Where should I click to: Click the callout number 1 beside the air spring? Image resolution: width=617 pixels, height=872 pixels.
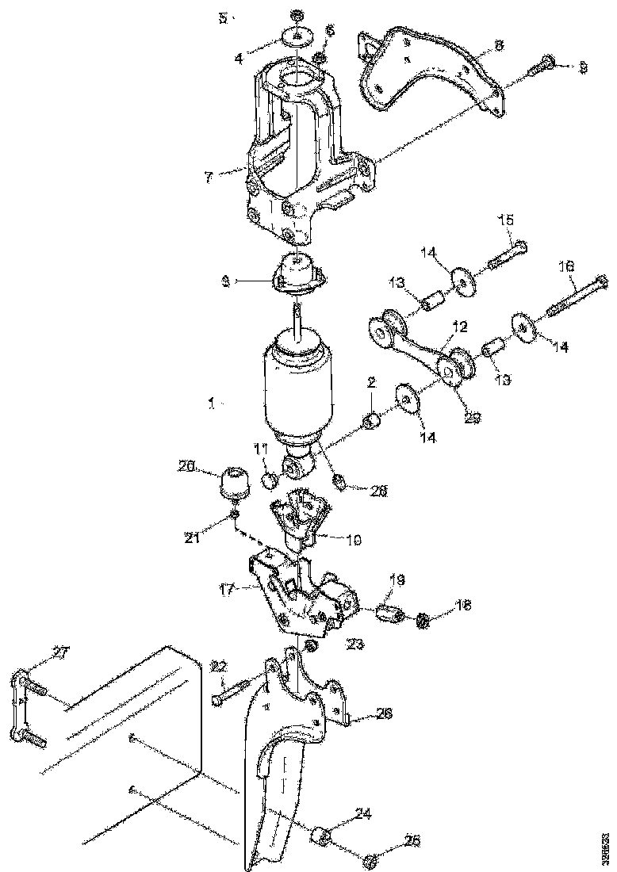tap(211, 403)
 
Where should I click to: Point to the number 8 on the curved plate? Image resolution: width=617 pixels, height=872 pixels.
tap(498, 46)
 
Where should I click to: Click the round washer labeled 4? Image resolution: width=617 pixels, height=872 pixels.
tap(297, 36)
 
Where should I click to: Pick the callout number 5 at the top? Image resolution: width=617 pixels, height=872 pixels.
tap(224, 17)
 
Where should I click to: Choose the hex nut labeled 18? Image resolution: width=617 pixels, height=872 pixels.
tap(423, 619)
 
